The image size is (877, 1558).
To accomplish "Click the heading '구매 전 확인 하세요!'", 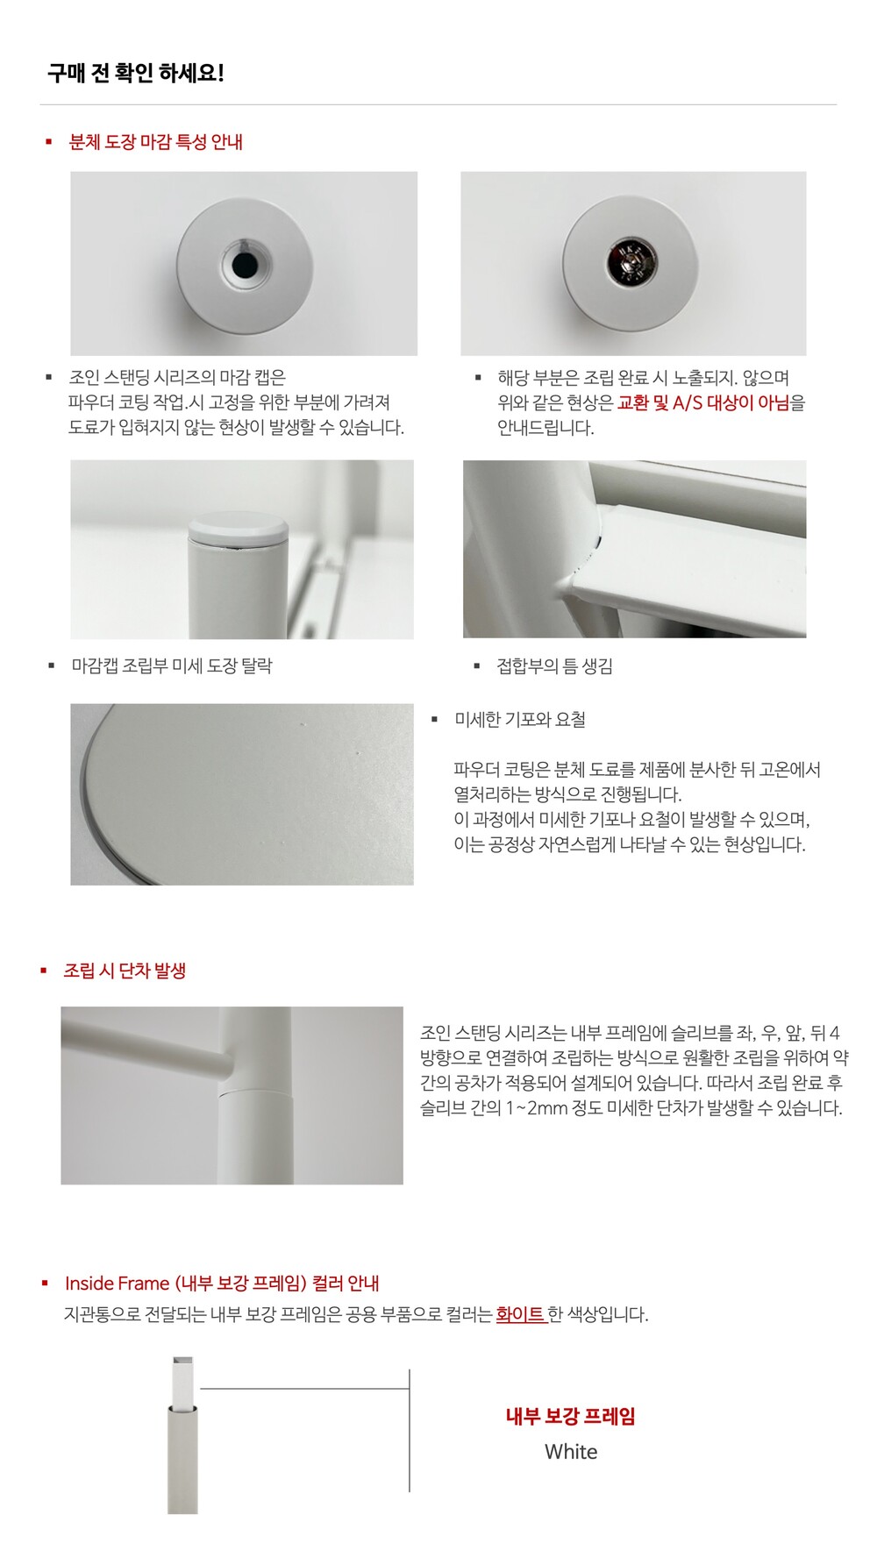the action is [136, 73].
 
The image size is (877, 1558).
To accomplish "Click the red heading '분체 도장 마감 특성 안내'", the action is [155, 142].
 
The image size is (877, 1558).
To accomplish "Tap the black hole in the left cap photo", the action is [244, 263].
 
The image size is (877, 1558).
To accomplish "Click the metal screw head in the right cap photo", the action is [630, 263].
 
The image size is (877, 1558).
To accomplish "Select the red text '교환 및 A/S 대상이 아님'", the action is [703, 402].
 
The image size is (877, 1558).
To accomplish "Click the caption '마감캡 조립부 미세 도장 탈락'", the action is [172, 665].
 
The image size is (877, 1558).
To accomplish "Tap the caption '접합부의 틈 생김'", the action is [554, 666].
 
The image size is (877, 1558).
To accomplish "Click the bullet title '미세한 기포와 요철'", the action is [520, 720].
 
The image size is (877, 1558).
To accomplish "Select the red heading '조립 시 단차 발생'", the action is [125, 971].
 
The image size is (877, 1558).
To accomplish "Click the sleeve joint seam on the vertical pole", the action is [254, 1092].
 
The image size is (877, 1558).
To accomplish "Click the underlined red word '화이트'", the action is [521, 1314].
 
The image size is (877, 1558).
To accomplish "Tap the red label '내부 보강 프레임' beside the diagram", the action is [571, 1416].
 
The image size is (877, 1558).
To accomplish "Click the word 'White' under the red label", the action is [571, 1452].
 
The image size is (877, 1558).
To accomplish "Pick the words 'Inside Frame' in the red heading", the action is [117, 1284].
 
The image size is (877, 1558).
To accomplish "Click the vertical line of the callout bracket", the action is [410, 1430].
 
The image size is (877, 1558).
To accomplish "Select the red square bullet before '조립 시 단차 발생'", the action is [43, 971].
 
